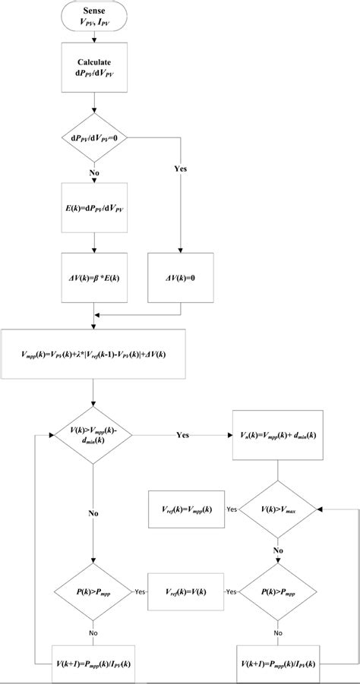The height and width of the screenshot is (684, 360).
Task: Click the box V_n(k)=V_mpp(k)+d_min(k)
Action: click(279, 437)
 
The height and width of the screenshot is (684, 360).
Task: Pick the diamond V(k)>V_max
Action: click(279, 510)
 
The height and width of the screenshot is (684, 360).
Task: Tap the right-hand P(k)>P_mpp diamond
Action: click(279, 590)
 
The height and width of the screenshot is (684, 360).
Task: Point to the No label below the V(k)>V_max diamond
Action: click(279, 550)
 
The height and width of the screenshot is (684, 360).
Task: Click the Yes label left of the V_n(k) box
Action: click(183, 437)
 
